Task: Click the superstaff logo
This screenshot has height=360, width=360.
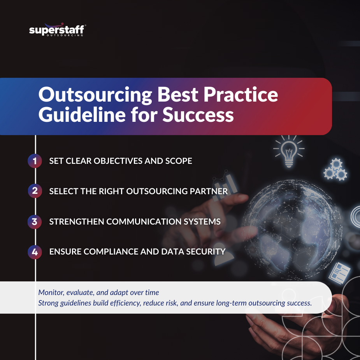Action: [x=58, y=30]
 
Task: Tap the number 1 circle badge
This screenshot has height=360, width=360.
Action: [x=35, y=161]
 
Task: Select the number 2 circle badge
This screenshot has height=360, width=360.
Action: [x=35, y=191]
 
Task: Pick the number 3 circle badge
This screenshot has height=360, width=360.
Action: [x=35, y=221]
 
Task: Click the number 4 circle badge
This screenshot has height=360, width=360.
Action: [x=35, y=252]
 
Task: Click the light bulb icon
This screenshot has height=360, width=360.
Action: [x=288, y=151]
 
